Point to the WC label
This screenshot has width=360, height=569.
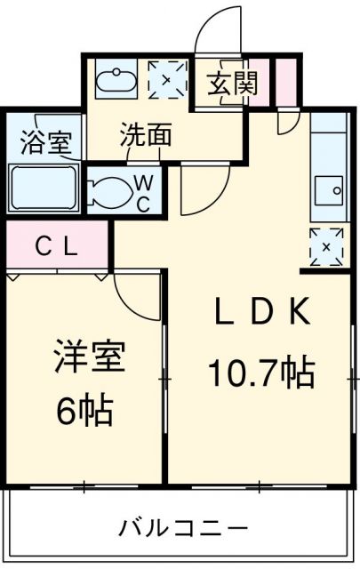point(142,190)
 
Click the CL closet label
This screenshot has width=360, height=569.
point(56,246)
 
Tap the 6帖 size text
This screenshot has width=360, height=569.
point(85,411)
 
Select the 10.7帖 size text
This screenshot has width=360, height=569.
point(261,371)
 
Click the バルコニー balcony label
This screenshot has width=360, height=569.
point(183,529)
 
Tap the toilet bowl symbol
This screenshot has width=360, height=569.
point(111,189)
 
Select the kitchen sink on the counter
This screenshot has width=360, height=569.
point(332,189)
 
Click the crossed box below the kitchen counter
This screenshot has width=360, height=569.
point(327,245)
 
